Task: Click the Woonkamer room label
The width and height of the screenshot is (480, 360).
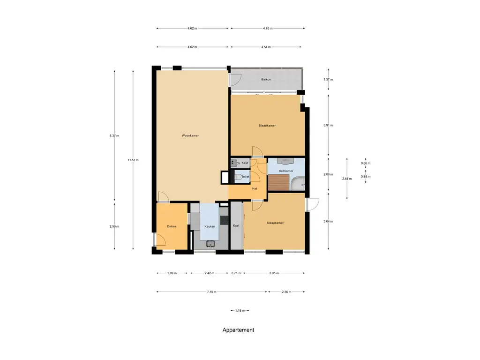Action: pos(190,136)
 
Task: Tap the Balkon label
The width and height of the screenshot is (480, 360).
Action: pos(266,80)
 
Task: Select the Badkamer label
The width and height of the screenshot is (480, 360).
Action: pos(285,171)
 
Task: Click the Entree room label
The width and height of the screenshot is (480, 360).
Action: pos(172,227)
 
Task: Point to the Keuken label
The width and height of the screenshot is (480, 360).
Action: pos(210,227)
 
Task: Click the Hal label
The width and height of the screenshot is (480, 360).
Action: pos(255,188)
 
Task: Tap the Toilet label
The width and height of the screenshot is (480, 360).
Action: pos(245,177)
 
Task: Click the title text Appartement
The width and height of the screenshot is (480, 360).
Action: pos(238,330)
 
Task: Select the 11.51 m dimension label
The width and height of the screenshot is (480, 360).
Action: pos(133,160)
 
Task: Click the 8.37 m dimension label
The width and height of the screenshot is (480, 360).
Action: pos(114,136)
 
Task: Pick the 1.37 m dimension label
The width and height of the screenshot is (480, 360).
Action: pos(328,80)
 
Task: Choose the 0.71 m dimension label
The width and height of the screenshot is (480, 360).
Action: pos(236,273)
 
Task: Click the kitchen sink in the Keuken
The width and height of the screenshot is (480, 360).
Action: pos(210,243)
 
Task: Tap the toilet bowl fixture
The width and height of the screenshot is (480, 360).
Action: pos(239,177)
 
